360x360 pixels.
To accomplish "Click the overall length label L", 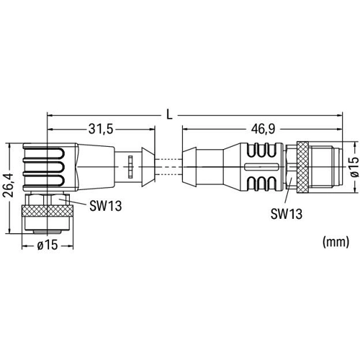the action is (169, 115).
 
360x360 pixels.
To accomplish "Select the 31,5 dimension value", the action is (101, 130).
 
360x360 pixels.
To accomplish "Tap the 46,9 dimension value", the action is (263, 130).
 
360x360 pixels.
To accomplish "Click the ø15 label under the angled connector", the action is (48, 246).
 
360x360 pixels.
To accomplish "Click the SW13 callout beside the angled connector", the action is (106, 206).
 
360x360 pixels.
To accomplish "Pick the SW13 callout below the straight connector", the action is (287, 214).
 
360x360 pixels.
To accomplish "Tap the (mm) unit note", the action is (336, 242).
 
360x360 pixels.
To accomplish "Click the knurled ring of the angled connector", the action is (48, 211).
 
